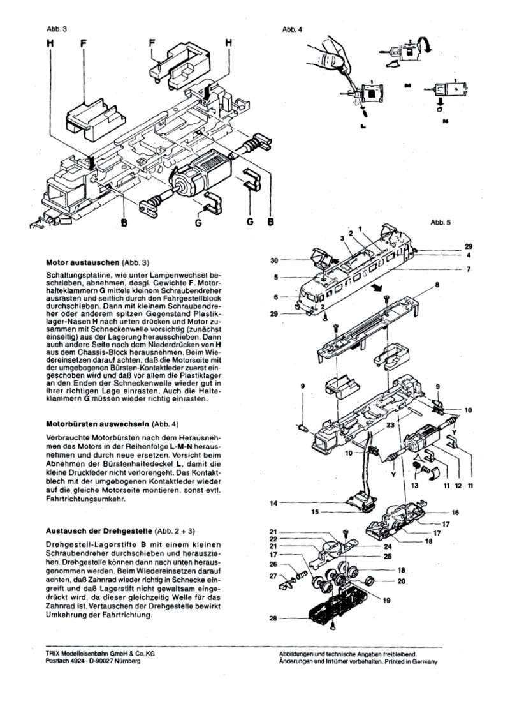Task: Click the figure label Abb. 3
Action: tap(56, 29)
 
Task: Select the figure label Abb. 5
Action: tap(441, 222)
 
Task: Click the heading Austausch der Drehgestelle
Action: tap(99, 531)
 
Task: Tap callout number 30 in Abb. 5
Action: tap(274, 260)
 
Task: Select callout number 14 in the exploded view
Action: tap(273, 503)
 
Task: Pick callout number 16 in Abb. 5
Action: tap(455, 513)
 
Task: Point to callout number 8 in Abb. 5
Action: tap(437, 285)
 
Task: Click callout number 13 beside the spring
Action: tap(416, 485)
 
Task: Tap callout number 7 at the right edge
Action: tap(469, 269)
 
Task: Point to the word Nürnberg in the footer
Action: tap(128, 661)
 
